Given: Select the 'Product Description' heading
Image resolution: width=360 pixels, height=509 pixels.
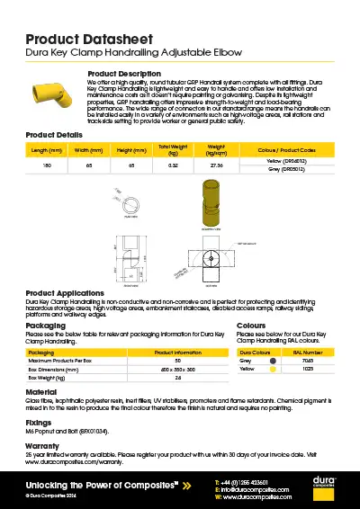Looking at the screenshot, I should tap(123, 73).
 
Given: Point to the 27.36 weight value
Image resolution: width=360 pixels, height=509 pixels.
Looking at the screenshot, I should tap(216, 165).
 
